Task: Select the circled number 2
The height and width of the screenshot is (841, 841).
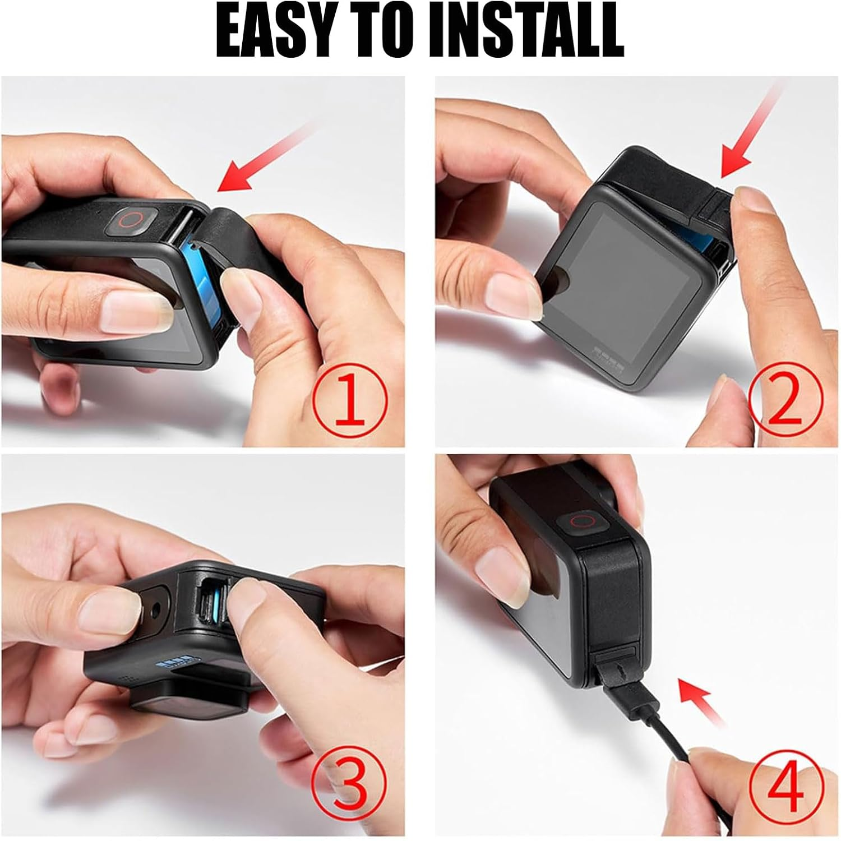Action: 784,399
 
